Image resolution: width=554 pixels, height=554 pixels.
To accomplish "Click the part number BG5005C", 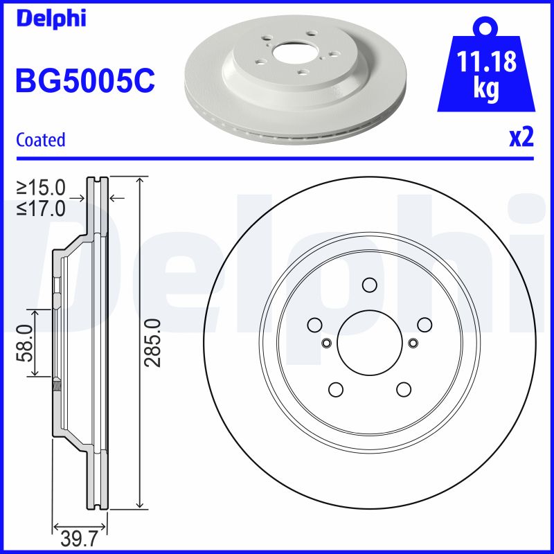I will click(x=84, y=81).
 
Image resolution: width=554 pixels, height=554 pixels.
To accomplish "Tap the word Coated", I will click(x=41, y=139).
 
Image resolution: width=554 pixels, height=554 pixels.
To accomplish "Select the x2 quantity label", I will click(x=521, y=138).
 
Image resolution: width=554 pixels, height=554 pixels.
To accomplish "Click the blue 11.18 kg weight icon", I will click(x=485, y=69).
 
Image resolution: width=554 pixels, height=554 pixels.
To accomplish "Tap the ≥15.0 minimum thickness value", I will click(x=42, y=188).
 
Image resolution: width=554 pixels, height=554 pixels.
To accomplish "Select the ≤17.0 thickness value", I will click(x=42, y=207).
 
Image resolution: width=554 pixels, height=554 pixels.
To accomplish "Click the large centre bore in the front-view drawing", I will click(x=370, y=341).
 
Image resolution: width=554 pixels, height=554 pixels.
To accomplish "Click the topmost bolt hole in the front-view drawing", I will click(x=370, y=285).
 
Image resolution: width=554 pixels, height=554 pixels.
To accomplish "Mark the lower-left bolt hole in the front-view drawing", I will click(x=336, y=389).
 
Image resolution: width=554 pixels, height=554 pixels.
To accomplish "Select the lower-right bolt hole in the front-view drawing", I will click(x=404, y=389).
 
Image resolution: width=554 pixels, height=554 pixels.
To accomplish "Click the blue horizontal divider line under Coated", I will click(x=277, y=158).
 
